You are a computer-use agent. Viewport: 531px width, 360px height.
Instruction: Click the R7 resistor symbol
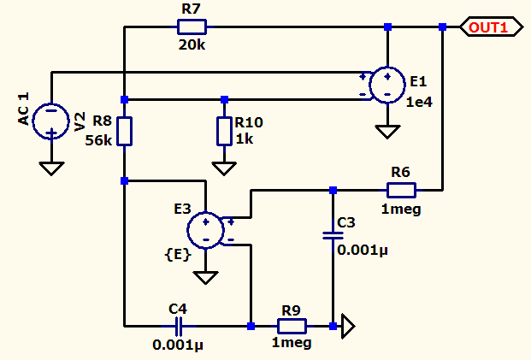[192, 27]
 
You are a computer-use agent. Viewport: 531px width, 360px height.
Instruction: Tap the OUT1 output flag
[492, 27]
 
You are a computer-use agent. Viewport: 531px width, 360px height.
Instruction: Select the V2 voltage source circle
[51, 121]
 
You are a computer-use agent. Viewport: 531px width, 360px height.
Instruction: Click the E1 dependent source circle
[387, 85]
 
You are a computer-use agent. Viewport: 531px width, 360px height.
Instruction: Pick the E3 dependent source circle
[205, 230]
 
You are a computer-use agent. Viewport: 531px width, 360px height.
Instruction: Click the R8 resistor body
[124, 132]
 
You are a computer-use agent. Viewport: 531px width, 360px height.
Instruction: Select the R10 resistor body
[224, 132]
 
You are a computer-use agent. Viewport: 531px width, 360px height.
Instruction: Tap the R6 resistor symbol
[401, 190]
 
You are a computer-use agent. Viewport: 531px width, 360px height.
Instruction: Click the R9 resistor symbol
[292, 326]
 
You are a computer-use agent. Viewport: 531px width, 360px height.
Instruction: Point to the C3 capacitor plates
[333, 236]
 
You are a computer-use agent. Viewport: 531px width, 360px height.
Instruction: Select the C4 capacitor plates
[179, 326]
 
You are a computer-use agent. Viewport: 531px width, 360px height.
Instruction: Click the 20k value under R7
[192, 45]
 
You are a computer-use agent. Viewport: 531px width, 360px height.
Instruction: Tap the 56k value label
[98, 140]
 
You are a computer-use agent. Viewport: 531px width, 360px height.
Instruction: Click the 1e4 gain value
[419, 102]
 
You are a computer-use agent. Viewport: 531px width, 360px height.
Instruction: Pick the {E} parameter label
[178, 254]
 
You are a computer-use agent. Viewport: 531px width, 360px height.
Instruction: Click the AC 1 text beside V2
[23, 109]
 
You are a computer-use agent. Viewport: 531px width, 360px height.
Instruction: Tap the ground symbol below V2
[51, 168]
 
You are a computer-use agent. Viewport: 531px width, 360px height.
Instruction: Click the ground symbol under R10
[224, 168]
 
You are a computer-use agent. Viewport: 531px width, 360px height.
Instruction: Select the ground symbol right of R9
[348, 326]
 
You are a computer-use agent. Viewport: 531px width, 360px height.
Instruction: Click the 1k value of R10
[245, 139]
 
